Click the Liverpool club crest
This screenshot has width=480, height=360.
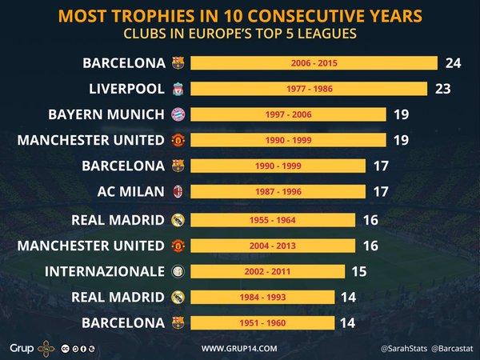pos(178,88)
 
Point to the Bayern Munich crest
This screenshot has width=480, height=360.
pos(178,114)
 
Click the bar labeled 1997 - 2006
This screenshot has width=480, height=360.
pos(288,114)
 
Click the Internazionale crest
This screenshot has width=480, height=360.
pos(178,270)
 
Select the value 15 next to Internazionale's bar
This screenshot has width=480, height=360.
pos(358,270)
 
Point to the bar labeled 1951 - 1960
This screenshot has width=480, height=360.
pos(262,322)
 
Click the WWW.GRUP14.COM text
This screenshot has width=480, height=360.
pos(239,348)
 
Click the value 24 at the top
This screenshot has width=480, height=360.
pos(454,62)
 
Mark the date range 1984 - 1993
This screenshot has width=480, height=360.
pos(262,297)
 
